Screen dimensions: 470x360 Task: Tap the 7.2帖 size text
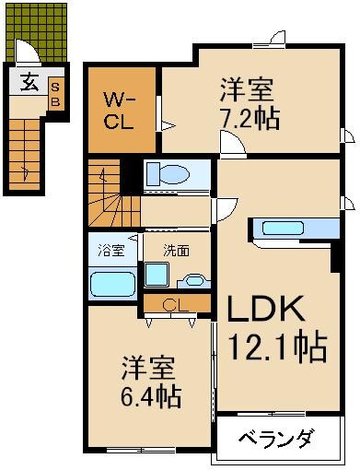250,118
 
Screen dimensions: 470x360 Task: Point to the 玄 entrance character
29,83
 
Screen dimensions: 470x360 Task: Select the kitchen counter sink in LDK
287,229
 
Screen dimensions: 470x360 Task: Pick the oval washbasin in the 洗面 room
193,281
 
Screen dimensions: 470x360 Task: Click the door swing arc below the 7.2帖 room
231,144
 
